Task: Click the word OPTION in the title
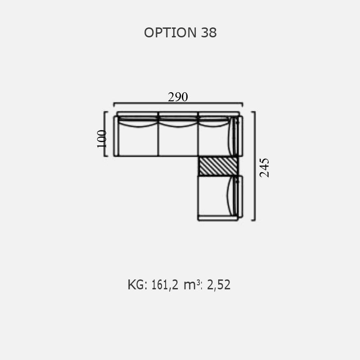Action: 170,32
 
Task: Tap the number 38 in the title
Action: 209,32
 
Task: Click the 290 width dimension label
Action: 178,97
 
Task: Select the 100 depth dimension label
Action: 102,139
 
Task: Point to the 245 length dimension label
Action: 264,167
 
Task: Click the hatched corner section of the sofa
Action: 218,166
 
